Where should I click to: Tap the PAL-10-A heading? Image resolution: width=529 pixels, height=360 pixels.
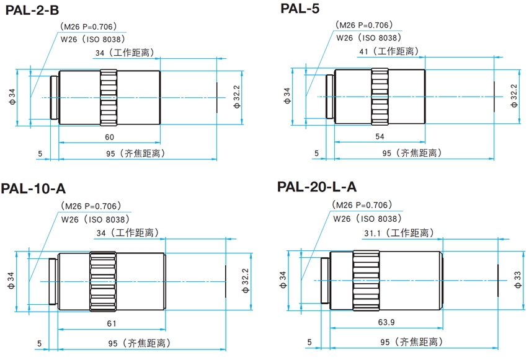(33, 188)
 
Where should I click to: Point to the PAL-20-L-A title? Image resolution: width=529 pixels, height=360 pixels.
(318, 186)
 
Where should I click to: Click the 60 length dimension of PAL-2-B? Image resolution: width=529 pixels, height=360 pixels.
(109, 136)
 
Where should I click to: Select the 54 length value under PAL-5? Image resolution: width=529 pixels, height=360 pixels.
(380, 136)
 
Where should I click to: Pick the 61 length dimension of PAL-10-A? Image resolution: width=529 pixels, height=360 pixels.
(112, 323)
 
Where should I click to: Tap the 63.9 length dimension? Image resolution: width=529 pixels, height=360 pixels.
(386, 322)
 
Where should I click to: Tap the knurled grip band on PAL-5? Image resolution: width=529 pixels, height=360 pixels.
(380, 96)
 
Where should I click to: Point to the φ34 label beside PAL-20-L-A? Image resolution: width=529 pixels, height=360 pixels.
(283, 279)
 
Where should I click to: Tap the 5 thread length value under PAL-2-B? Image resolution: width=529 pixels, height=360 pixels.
(40, 153)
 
